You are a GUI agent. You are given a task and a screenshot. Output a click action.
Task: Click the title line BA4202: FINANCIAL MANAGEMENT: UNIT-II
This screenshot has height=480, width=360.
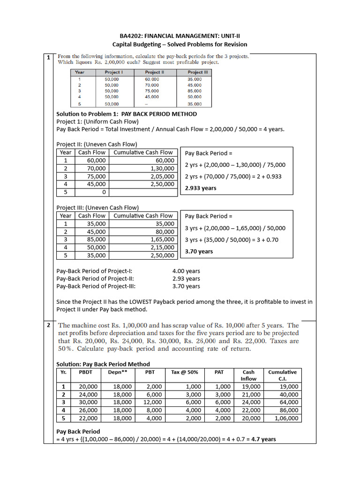[180, 36]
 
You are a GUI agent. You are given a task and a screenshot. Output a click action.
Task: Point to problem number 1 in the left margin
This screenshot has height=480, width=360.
[49, 58]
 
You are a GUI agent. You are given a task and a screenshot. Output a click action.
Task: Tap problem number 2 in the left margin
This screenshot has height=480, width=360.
[49, 325]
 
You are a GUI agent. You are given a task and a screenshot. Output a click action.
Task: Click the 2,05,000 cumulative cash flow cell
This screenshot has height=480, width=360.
[162, 176]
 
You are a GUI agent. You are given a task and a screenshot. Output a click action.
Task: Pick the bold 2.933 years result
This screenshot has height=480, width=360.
[201, 188]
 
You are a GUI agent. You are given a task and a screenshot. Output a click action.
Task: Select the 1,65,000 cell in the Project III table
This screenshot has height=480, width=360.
[162, 240]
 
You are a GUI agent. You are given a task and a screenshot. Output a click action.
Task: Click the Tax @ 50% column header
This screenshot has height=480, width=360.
[184, 372]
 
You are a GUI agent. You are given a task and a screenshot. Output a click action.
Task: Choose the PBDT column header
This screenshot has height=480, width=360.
[86, 372]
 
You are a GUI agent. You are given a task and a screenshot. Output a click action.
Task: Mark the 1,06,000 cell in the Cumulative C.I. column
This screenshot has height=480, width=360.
[285, 418]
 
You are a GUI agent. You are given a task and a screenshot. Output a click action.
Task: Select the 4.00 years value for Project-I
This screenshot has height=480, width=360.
[186, 271]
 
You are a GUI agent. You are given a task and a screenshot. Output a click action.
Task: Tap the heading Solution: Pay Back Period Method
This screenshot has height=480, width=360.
[103, 364]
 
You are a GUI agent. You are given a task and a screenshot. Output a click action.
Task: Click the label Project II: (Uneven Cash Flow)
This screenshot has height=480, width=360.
[97, 144]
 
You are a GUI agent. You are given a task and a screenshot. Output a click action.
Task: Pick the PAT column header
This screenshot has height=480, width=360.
[219, 372]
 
